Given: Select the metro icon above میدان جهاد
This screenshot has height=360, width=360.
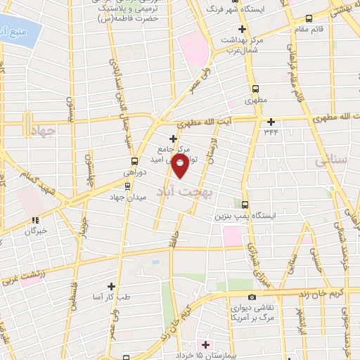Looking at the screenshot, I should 127,186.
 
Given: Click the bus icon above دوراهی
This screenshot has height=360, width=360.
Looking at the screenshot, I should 115,162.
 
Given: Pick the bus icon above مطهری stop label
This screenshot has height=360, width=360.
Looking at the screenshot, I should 255,89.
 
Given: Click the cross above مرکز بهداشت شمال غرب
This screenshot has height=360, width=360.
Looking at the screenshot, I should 243,29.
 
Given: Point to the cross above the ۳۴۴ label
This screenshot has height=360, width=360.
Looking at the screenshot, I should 271,121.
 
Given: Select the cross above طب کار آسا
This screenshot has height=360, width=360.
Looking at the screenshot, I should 112,285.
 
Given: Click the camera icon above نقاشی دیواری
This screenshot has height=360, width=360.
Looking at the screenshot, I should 252,297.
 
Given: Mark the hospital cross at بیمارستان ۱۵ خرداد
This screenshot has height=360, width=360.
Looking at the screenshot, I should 205,345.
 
